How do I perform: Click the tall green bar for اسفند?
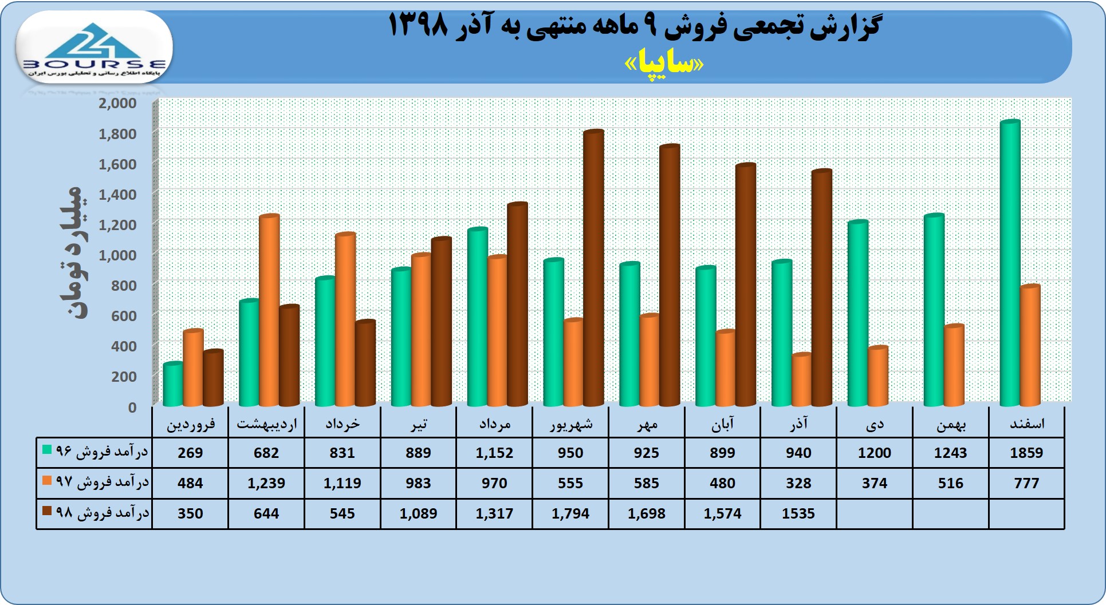[x=1010, y=263]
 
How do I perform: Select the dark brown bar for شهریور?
[x=593, y=269]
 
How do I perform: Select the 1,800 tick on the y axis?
[x=117, y=133]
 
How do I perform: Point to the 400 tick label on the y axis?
[x=123, y=346]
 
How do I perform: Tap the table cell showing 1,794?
[x=570, y=513]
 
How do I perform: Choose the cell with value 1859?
[x=1026, y=453]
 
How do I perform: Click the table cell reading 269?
[x=190, y=453]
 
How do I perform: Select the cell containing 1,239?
[x=266, y=483]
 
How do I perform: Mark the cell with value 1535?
[x=798, y=513]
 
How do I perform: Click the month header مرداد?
[x=494, y=424]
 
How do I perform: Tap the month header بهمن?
[x=950, y=424]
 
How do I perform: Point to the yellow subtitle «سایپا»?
[x=664, y=64]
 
